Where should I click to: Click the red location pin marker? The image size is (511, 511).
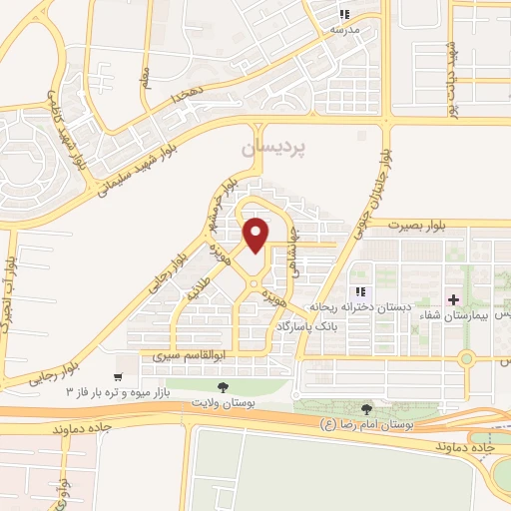click(x=257, y=236)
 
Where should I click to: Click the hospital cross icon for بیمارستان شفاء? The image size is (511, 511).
click(x=454, y=299)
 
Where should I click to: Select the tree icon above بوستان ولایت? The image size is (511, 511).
click(x=222, y=387)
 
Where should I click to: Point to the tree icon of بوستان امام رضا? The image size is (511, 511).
click(x=367, y=409)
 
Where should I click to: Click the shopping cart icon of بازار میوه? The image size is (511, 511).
click(x=119, y=378)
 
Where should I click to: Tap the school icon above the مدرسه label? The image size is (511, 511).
click(x=344, y=14)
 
